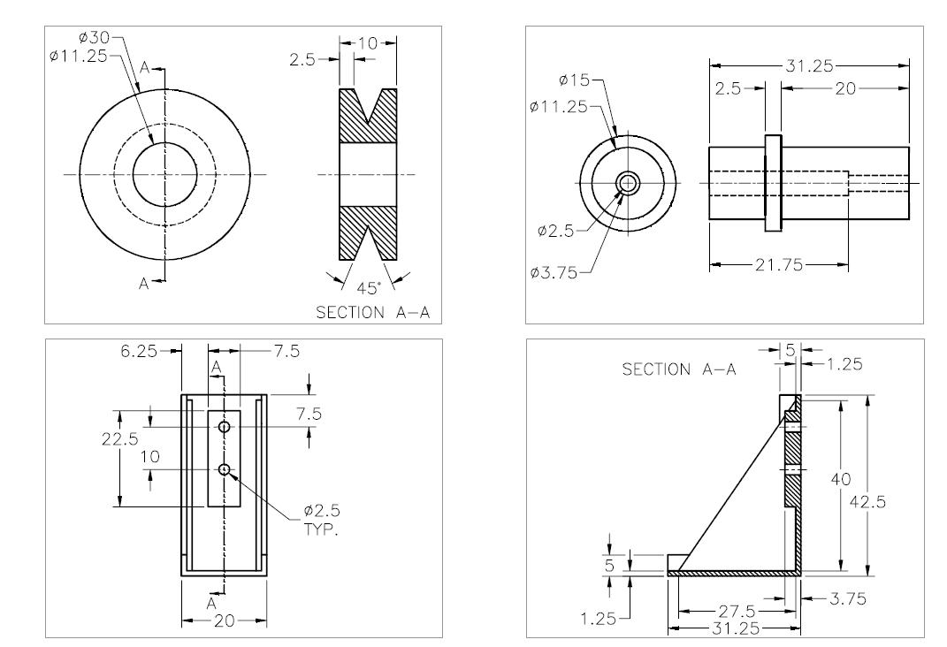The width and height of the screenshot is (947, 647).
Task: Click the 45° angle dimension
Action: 364,287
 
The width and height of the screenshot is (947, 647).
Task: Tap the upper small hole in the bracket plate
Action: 225,428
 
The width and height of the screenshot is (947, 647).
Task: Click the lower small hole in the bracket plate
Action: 225,469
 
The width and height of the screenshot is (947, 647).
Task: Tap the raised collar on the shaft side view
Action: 774,184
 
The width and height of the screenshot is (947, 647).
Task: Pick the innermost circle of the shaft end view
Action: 628,183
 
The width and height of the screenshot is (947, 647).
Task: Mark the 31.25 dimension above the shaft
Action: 807,66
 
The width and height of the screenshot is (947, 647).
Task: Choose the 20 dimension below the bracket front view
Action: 225,621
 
